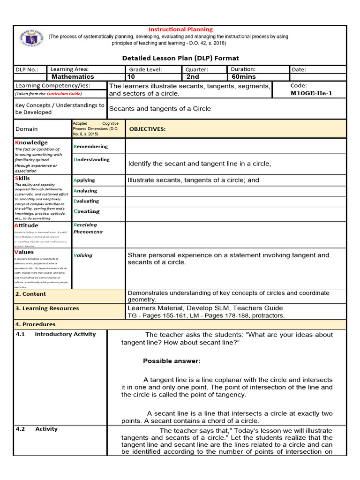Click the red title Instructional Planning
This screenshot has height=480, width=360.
pos(180,29)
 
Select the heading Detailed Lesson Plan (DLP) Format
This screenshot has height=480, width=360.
pos(180,58)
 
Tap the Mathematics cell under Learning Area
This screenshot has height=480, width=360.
pos(73,77)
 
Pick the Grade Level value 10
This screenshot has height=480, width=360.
pos(131,77)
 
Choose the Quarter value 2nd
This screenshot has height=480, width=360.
pos(193,77)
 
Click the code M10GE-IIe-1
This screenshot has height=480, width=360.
pos(311,93)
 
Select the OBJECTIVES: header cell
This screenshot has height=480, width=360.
pos(147,129)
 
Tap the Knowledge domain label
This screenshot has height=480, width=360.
pos(31,142)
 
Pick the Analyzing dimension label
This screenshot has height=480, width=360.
pos(85,191)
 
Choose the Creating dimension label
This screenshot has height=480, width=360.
pos(87,211)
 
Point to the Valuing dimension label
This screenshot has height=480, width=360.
pos(83,255)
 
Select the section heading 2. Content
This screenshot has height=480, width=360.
pos(30,294)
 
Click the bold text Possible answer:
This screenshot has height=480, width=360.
pos(172,361)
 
